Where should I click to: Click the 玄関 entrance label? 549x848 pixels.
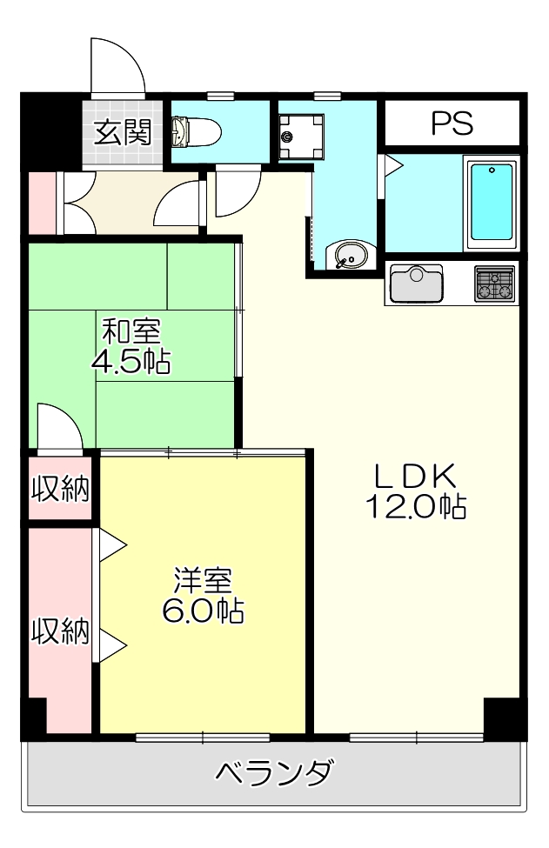[123, 133]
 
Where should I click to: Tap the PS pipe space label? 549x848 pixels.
[452, 124]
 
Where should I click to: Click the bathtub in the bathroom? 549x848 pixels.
[492, 204]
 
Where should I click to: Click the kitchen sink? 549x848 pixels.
[417, 283]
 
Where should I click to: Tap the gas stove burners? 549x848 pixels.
[494, 284]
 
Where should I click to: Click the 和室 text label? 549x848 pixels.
[131, 332]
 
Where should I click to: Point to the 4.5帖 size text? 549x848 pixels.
[131, 360]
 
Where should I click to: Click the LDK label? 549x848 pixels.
[415, 476]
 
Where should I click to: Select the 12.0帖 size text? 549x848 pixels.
[415, 505]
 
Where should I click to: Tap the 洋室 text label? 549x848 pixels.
[202, 580]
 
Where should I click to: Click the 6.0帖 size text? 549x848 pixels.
[202, 611]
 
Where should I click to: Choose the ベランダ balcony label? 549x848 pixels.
[273, 772]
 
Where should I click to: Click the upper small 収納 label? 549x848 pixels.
[61, 490]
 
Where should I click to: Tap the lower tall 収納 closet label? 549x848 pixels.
[61, 631]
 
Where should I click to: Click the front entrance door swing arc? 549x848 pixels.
[117, 65]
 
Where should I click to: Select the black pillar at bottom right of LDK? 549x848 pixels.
[504, 718]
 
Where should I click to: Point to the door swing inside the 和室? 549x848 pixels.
[59, 426]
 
